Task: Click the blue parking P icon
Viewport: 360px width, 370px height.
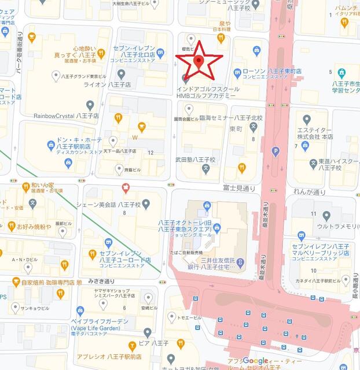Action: [x=275, y=151]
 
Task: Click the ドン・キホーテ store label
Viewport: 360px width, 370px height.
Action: [x=78, y=146]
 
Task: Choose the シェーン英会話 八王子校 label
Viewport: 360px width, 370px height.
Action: [x=109, y=203]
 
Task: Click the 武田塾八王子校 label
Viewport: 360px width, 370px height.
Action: [x=196, y=160]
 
